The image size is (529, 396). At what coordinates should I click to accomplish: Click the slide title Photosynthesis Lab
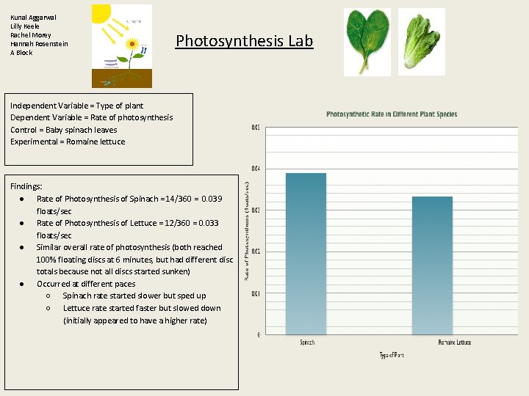click(244, 41)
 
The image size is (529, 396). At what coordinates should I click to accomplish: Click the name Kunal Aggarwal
click(33, 17)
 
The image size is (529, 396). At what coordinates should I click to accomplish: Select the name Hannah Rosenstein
click(39, 44)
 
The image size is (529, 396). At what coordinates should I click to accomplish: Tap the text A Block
click(21, 53)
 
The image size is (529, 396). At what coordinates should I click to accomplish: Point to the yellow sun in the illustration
click(101, 12)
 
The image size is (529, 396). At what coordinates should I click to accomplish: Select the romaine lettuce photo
click(421, 41)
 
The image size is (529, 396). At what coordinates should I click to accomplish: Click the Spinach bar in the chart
click(306, 253)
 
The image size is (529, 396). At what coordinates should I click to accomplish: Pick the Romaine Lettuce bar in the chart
click(432, 265)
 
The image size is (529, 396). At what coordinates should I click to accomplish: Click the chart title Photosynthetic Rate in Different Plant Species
click(392, 114)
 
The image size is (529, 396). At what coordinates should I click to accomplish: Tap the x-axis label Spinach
click(308, 342)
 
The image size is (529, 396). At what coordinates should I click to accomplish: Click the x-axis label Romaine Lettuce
click(455, 342)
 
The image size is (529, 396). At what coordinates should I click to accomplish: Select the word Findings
click(26, 187)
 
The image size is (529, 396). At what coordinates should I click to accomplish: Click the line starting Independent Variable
click(77, 106)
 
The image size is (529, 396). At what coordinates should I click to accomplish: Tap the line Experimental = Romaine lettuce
click(68, 142)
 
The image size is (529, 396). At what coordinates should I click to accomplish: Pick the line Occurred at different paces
click(86, 284)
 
